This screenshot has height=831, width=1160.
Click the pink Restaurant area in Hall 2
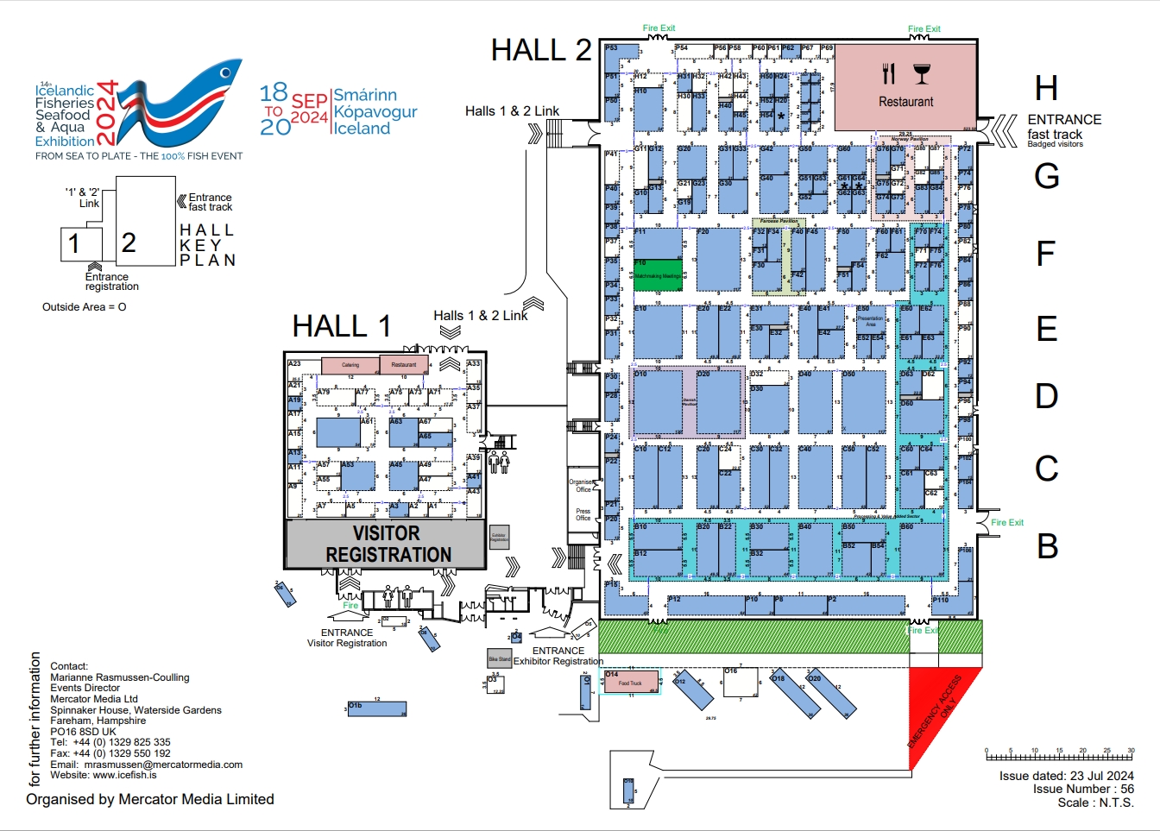click(x=906, y=86)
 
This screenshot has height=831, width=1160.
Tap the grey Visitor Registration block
click(x=386, y=544)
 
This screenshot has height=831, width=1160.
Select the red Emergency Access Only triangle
click(x=936, y=708)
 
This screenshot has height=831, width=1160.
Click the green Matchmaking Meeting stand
click(x=659, y=275)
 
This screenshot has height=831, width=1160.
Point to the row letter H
click(x=1046, y=89)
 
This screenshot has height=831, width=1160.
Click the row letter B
click(x=1047, y=546)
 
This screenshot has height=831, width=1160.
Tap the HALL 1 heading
click(x=342, y=326)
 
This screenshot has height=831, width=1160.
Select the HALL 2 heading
click(x=541, y=51)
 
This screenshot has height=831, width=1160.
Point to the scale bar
click(x=1059, y=756)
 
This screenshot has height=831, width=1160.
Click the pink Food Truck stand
click(x=630, y=683)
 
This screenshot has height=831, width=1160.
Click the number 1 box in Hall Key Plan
click(x=81, y=244)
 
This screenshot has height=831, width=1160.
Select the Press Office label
click(x=583, y=514)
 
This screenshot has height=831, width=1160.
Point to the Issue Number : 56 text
click(x=1083, y=789)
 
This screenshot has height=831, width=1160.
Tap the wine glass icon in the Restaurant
click(x=922, y=74)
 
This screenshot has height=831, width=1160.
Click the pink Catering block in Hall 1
click(x=350, y=365)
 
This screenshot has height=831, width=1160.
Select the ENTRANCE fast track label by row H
click(x=1064, y=127)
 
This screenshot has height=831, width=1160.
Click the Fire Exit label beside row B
click(x=1007, y=522)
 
